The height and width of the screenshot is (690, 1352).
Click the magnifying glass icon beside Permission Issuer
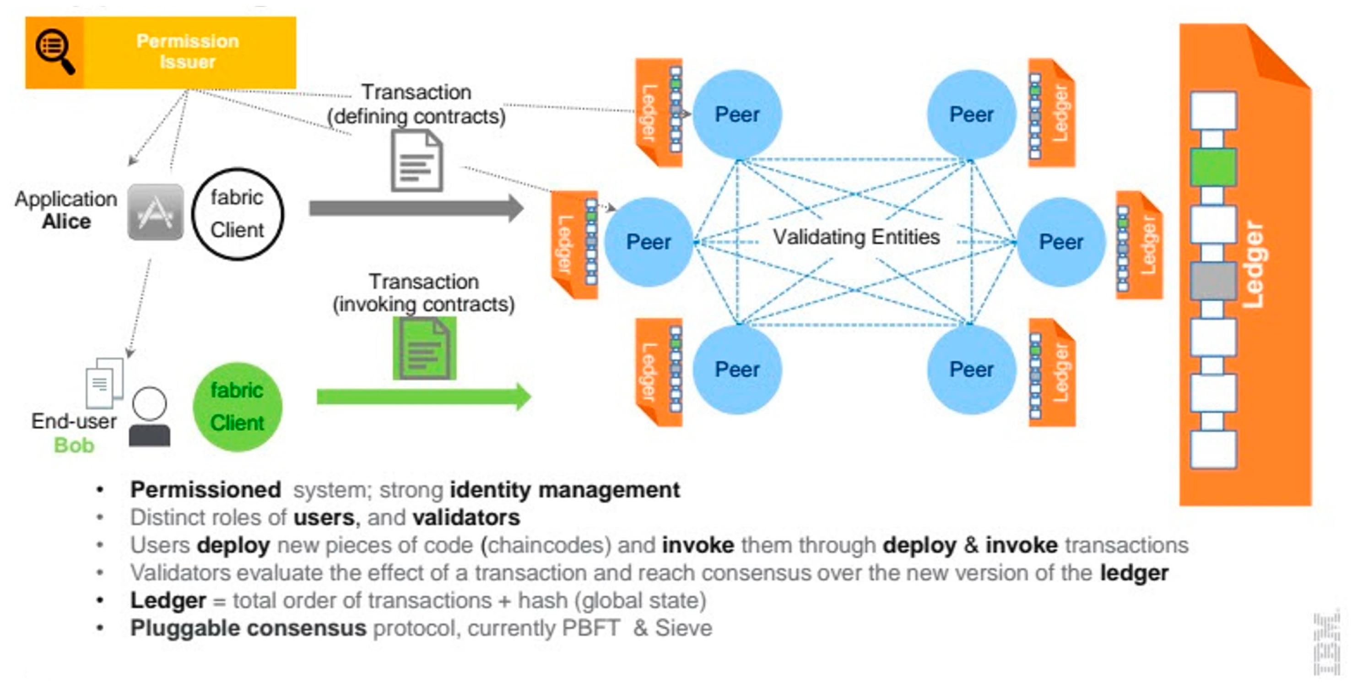click(54, 51)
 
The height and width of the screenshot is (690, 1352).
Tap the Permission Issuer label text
click(187, 51)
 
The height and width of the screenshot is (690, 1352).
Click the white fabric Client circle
click(238, 214)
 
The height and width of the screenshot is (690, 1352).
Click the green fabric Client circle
click(237, 407)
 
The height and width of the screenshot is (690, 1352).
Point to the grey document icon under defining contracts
click(417, 160)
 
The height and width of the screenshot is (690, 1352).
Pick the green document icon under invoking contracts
click(425, 348)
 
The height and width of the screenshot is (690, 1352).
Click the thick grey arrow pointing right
click(416, 208)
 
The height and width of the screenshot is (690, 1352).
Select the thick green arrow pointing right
click(423, 397)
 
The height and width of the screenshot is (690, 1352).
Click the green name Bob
click(74, 446)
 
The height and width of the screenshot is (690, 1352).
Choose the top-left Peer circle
click(737, 114)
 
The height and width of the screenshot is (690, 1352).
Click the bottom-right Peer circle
click(972, 369)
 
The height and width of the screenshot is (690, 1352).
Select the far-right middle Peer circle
click(1061, 242)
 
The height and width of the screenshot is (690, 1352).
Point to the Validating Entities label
click(856, 237)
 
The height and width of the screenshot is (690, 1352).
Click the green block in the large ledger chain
click(1213, 167)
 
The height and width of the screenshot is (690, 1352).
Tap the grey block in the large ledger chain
click(1213, 281)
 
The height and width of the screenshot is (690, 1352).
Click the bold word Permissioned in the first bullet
click(206, 489)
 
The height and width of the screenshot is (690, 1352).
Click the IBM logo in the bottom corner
click(1327, 644)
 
